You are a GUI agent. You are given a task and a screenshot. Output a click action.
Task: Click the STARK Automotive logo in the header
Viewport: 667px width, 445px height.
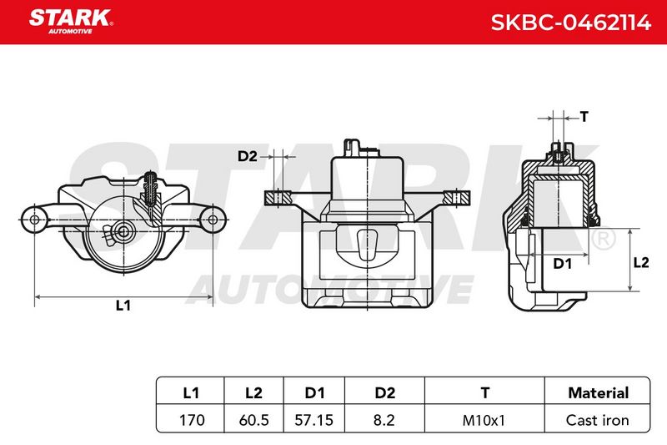click(x=71, y=22)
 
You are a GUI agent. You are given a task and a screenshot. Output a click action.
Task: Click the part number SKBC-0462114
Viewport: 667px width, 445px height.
click(x=571, y=23)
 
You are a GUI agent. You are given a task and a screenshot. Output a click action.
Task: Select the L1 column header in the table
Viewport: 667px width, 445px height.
click(x=191, y=392)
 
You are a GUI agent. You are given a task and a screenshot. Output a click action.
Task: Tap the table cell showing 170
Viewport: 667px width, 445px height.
click(x=192, y=420)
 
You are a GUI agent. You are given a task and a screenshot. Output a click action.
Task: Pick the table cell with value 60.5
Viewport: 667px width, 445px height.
click(x=254, y=420)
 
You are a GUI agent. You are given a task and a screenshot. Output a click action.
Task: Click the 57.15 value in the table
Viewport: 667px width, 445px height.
click(x=314, y=420)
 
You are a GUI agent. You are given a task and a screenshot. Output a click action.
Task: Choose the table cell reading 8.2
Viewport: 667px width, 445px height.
click(x=384, y=420)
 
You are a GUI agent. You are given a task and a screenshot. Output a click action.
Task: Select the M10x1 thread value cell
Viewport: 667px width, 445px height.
click(x=484, y=420)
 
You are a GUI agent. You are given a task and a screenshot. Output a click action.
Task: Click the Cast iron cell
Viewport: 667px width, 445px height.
click(x=597, y=420)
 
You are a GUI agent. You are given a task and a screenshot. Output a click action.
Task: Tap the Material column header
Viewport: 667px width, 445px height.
click(x=598, y=392)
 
